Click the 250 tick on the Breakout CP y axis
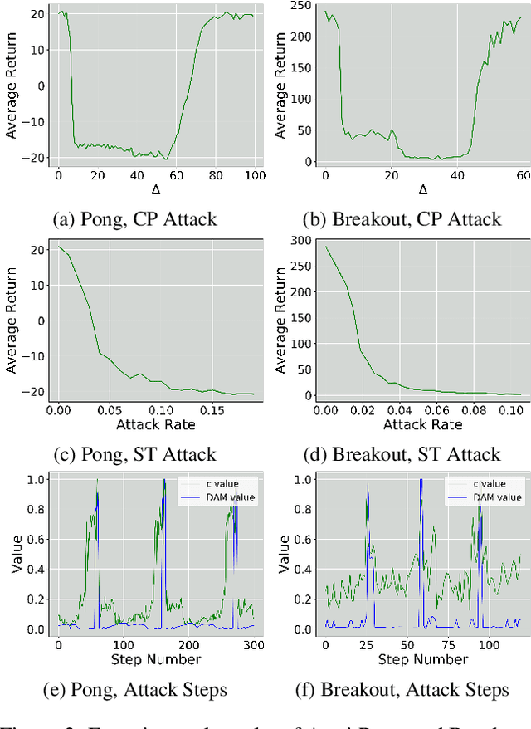point(304,5)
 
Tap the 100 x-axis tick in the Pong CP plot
point(254,175)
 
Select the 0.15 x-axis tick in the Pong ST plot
point(212,410)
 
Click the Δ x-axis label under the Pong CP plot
point(155,191)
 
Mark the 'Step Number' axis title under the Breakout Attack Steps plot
point(422,659)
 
